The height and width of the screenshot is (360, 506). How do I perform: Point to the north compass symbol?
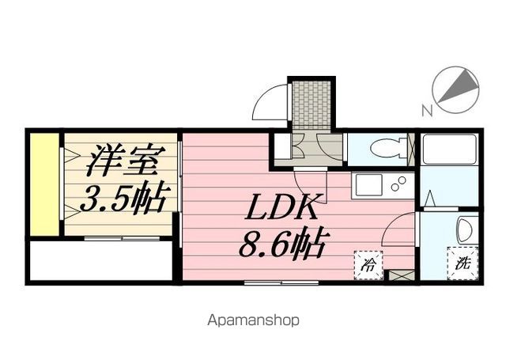(457, 86)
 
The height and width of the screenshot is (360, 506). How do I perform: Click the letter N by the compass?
(427, 111)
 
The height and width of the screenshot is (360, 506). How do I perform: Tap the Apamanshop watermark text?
(253, 321)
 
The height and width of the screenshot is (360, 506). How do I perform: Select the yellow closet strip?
(46, 184)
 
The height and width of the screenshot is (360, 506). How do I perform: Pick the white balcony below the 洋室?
(100, 260)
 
